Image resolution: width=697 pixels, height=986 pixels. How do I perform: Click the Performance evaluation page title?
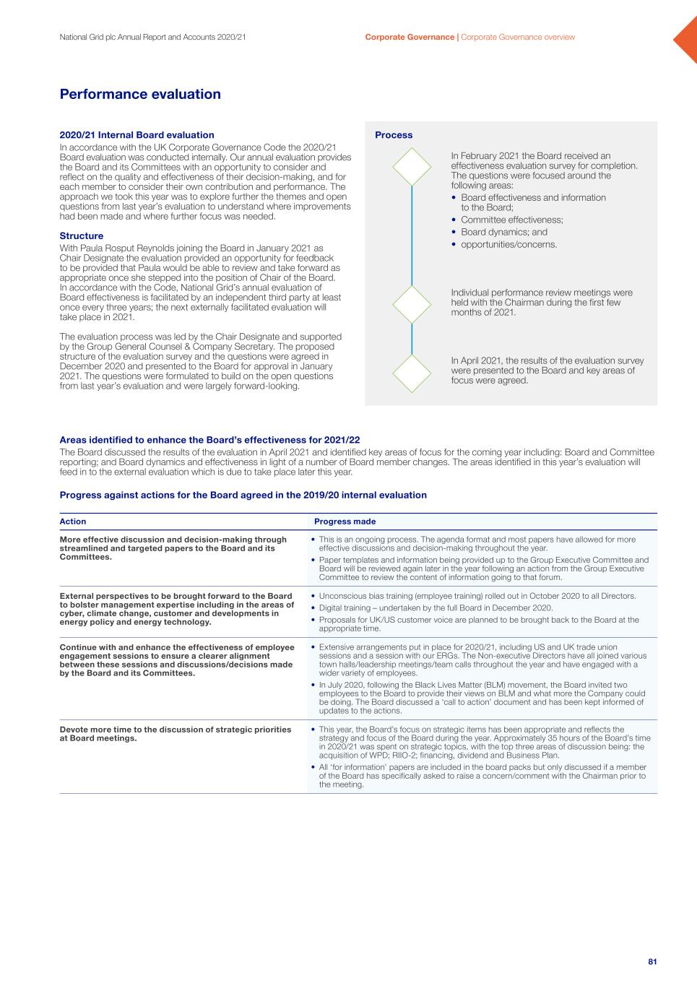140,95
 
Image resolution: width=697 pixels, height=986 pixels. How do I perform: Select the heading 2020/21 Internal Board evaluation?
137,135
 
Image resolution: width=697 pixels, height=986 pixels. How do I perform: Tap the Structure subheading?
81,236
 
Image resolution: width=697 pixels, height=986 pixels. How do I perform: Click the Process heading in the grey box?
394,135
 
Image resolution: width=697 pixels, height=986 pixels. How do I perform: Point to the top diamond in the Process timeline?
412,167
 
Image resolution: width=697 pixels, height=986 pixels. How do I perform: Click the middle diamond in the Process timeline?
412,304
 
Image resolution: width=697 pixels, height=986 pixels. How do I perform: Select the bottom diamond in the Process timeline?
412,373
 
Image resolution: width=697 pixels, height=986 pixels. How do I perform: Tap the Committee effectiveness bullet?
511,220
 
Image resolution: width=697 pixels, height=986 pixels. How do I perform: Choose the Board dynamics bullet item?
503,232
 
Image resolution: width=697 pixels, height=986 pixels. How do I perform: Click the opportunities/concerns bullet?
508,244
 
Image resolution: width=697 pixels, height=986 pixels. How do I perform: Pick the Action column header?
73,522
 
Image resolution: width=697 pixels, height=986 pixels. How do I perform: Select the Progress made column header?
345,522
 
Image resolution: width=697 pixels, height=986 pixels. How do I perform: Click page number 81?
652,961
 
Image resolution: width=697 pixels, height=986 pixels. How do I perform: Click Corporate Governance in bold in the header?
410,37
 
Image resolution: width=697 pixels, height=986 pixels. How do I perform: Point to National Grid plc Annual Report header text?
153,37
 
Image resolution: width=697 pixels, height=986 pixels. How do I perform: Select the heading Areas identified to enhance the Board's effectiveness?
209,440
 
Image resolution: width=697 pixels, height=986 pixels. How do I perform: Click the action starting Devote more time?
176,734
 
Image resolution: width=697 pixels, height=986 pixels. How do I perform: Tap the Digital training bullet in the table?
436,607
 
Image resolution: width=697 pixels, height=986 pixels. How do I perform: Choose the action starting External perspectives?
177,609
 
